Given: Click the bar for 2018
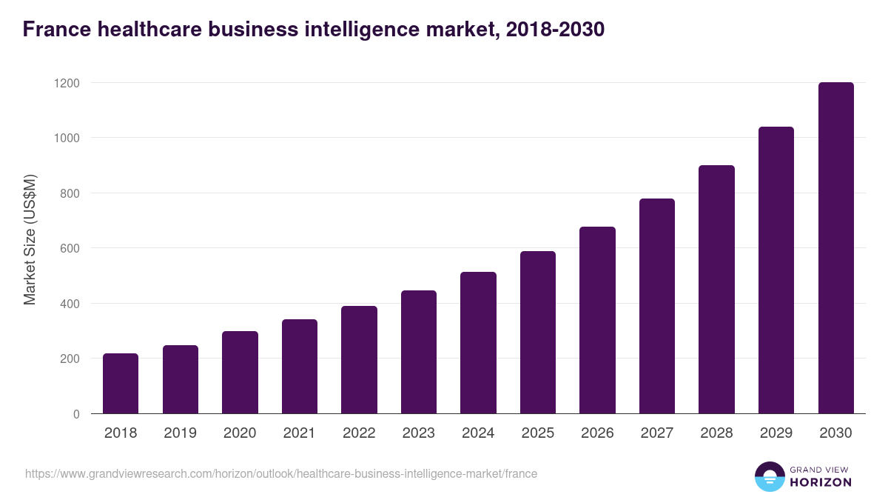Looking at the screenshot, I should pyautogui.click(x=121, y=384).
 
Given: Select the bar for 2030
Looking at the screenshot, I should pyautogui.click(x=835, y=248).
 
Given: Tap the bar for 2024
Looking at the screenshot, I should pyautogui.click(x=478, y=343).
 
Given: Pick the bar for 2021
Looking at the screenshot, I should pyautogui.click(x=300, y=367).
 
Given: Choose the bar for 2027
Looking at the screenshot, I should pyautogui.click(x=657, y=306).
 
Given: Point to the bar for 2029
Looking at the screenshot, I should pyautogui.click(x=776, y=270).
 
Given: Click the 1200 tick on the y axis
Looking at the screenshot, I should pyautogui.click(x=66, y=83).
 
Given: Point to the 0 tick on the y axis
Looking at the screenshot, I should pyautogui.click(x=76, y=414).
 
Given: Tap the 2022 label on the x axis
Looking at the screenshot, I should pyautogui.click(x=359, y=433).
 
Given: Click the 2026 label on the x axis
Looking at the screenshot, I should pyautogui.click(x=597, y=433).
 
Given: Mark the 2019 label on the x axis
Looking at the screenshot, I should pyautogui.click(x=180, y=433).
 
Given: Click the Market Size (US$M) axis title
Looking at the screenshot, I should pyautogui.click(x=30, y=239).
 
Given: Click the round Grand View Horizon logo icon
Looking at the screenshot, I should pyautogui.click(x=769, y=476).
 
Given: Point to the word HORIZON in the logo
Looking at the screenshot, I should pyautogui.click(x=821, y=482).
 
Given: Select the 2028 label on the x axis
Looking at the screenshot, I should pyautogui.click(x=716, y=433).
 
